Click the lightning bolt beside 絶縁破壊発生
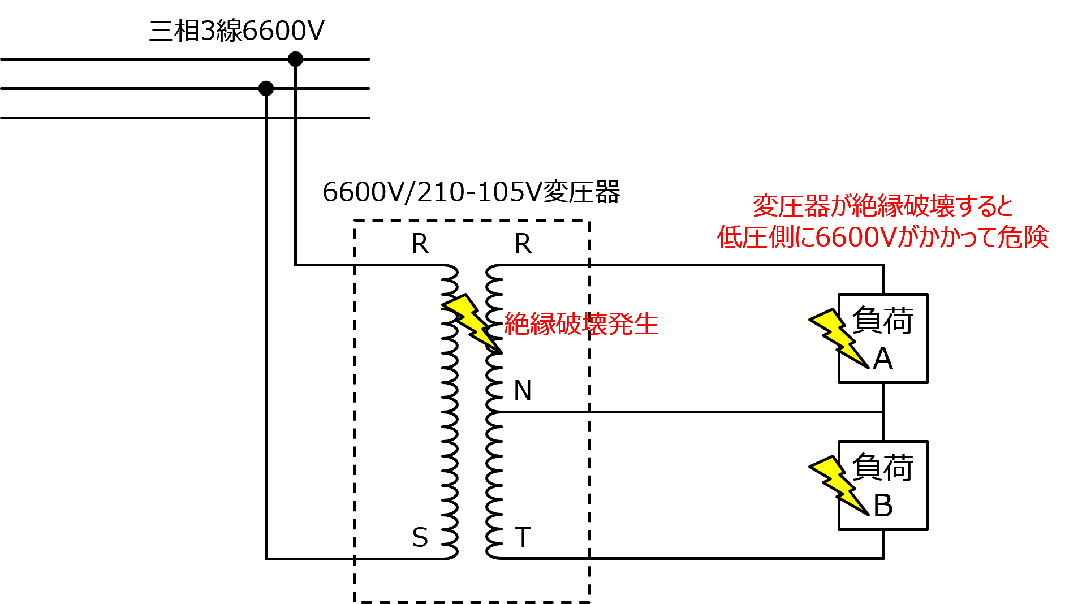[471, 321]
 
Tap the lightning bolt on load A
[840, 338]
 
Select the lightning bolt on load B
[840, 485]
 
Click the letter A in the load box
[883, 359]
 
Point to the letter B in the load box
[883, 506]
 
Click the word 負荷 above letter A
[882, 321]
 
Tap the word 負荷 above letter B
[882, 468]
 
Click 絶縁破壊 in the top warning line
[903, 206]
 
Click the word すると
[985, 206]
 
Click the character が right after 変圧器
[840, 206]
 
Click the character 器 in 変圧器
[817, 206]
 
